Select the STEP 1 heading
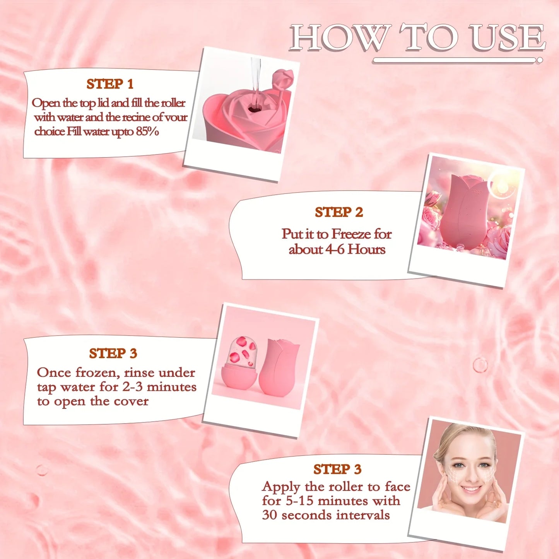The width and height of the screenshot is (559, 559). [x=110, y=84]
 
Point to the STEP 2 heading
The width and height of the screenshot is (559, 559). [x=339, y=212]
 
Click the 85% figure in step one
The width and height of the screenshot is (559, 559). [x=147, y=132]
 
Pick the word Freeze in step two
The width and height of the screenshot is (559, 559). [x=351, y=234]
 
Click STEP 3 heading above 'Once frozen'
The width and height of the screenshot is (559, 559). [x=113, y=354]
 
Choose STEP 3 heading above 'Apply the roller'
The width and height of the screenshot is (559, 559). [x=337, y=469]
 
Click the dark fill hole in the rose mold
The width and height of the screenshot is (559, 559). [x=254, y=109]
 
